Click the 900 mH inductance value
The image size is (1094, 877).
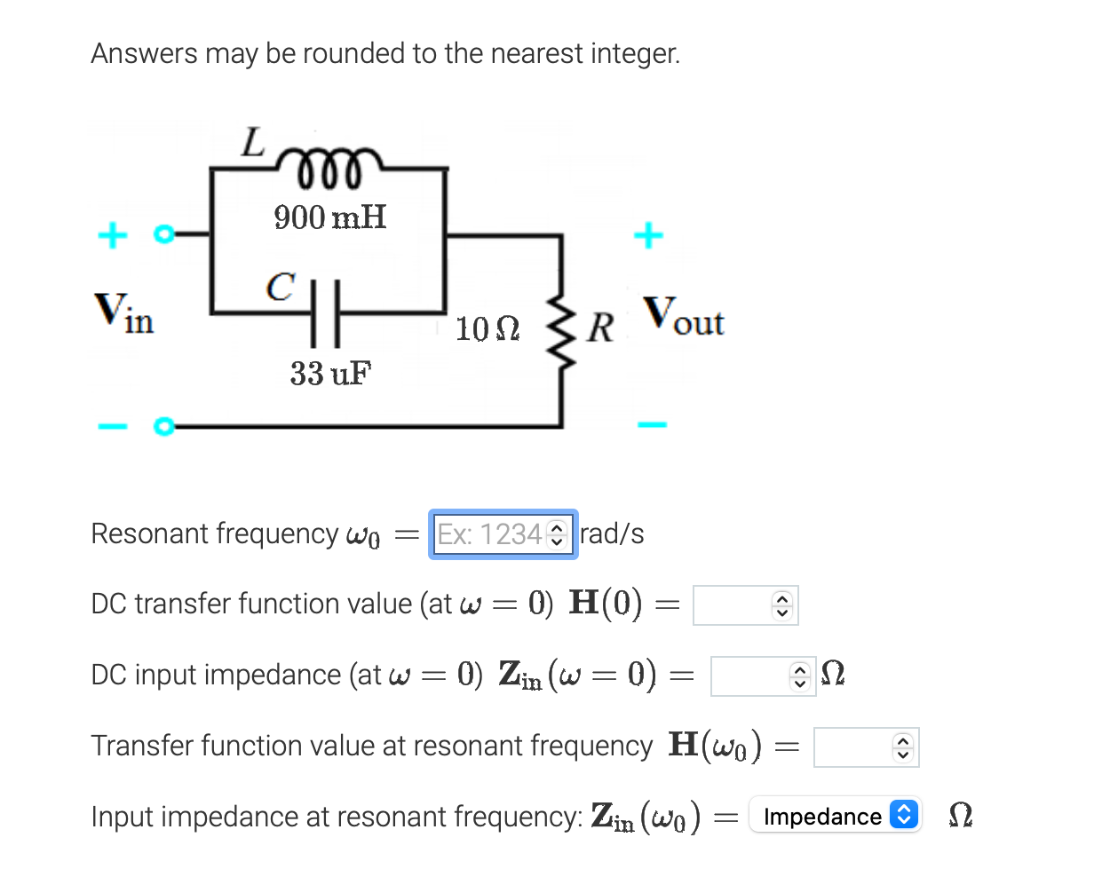(329, 217)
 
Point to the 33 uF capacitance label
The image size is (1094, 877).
(330, 374)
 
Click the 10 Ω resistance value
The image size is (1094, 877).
(487, 329)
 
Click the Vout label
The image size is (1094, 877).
(684, 317)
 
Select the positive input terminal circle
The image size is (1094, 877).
(162, 236)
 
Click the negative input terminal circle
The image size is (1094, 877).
(162, 427)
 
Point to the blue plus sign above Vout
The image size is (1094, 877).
(648, 235)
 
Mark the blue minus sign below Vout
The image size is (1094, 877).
(651, 425)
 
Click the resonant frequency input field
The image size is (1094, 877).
(493, 534)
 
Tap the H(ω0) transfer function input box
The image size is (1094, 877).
(856, 747)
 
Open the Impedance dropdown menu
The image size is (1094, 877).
(835, 815)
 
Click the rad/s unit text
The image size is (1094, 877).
(612, 534)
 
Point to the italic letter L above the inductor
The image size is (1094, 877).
(254, 142)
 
